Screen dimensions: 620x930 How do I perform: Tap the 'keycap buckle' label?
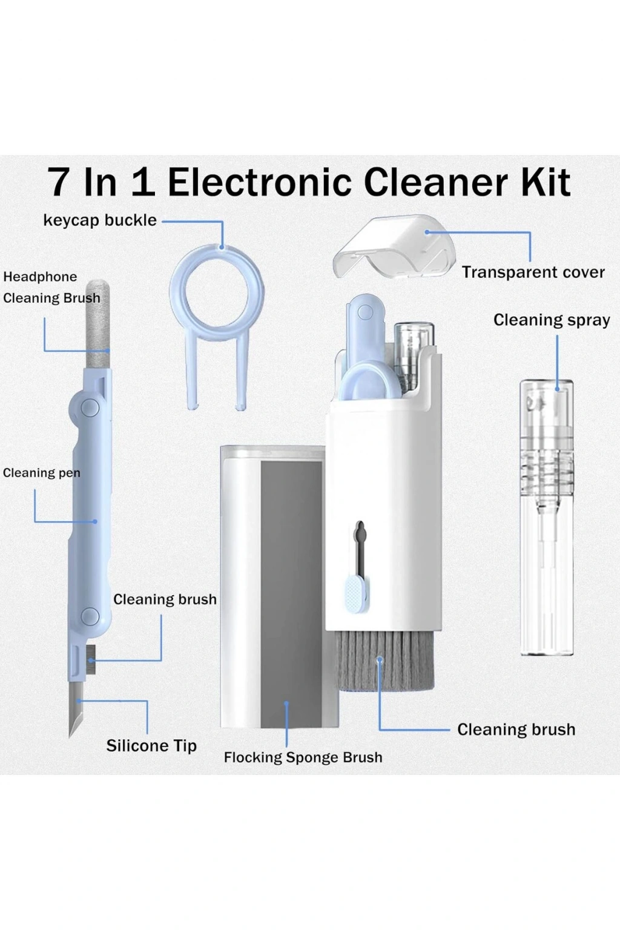coord(100,220)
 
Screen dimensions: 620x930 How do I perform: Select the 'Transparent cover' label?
coord(533,272)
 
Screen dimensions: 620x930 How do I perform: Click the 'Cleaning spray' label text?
coord(552,320)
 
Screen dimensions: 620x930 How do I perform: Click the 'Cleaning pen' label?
coord(42,472)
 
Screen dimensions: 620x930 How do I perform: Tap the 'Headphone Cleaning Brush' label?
coord(51,288)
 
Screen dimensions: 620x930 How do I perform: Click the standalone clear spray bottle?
coord(547,517)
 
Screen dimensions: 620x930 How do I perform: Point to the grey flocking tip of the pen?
coord(97,324)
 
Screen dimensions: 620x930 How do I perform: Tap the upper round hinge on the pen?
coord(90,407)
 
